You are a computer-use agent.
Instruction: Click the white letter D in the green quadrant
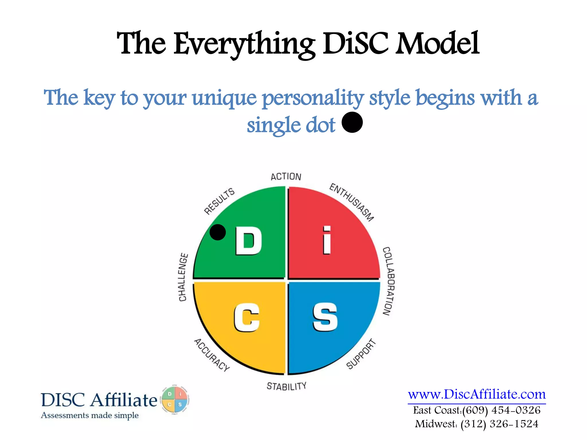tap(248, 241)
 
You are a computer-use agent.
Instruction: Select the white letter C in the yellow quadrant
tap(247, 317)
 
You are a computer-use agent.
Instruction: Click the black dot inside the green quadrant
tap(218, 232)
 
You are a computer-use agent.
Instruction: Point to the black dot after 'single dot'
tap(352, 122)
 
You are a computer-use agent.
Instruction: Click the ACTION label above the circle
tap(286, 177)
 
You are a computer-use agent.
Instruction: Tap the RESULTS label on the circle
tap(219, 201)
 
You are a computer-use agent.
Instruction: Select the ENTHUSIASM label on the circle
tap(352, 202)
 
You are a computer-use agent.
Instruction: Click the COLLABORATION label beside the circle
tap(389, 281)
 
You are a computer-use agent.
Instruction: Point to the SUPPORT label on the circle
tap(361, 354)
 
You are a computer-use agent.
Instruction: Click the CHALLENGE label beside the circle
tap(183, 277)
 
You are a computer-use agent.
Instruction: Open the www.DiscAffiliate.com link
tap(477, 394)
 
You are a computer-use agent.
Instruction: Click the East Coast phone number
tap(501, 410)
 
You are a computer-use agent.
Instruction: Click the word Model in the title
tap(437, 44)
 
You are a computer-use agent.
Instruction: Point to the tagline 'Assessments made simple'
tap(90, 415)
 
